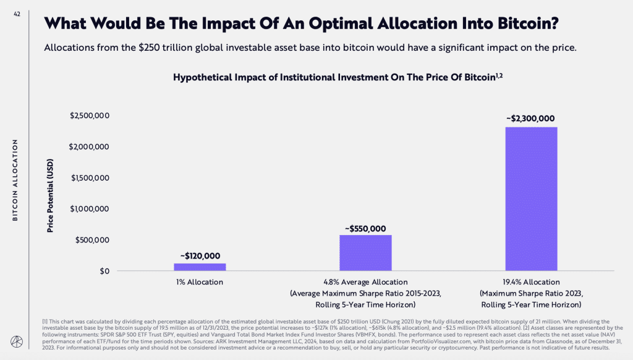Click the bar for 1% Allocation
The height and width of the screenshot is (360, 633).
(200, 267)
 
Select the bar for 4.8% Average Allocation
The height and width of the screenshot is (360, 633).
(365, 252)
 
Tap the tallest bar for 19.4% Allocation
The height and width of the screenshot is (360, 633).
(531, 199)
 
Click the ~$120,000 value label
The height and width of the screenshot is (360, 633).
(200, 255)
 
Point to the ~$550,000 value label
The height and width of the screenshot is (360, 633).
(365, 228)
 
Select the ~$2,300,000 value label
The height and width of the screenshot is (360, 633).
(531, 119)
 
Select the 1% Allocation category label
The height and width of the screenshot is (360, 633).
(200, 282)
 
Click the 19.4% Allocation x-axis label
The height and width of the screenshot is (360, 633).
(531, 282)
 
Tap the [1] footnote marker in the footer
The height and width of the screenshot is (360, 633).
(46, 322)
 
